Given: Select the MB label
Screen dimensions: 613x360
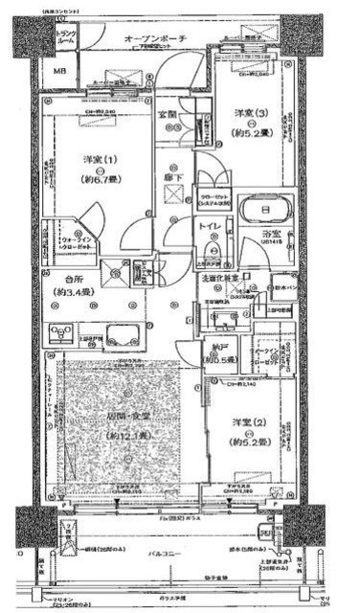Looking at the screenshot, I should click(x=58, y=72).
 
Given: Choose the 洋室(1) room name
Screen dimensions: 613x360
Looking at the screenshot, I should click(x=76, y=159).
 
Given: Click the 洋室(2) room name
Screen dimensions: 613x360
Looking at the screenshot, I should click(x=246, y=424).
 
